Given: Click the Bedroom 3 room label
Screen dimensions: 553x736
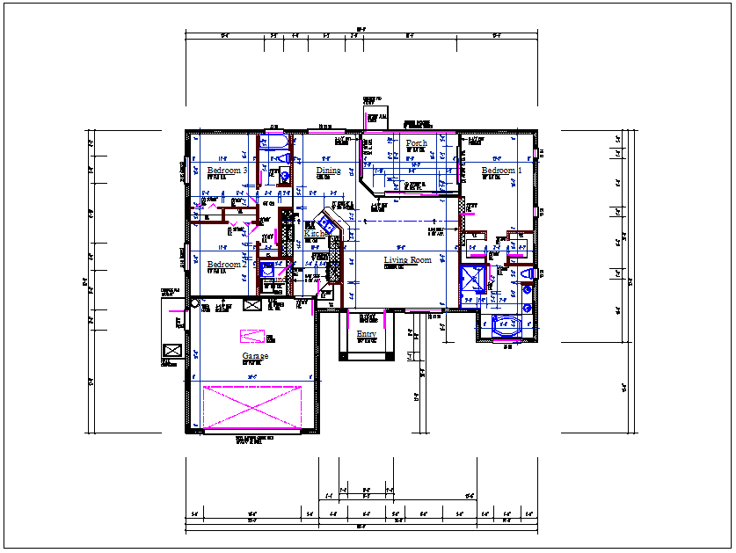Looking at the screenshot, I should click(227, 171).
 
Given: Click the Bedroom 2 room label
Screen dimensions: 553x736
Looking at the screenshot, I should click(225, 265).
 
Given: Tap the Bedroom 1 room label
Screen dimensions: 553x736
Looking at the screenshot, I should click(502, 171).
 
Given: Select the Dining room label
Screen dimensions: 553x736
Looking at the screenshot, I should click(328, 171).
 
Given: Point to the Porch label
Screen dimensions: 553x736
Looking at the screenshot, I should click(417, 143).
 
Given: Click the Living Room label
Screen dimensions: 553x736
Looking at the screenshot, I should click(407, 260).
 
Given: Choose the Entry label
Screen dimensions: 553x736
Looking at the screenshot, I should click(367, 335).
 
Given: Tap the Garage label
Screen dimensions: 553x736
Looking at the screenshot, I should click(255, 356).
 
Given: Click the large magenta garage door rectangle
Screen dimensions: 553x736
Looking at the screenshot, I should click(252, 408).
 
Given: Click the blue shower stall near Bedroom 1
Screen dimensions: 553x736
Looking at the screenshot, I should click(473, 280).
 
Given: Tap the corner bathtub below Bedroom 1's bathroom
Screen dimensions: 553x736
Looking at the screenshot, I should click(506, 324).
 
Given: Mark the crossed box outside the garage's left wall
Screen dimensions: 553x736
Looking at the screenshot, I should click(172, 350).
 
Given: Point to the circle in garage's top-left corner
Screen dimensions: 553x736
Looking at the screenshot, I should click(194, 304).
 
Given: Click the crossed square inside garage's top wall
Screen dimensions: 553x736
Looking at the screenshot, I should click(251, 305).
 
